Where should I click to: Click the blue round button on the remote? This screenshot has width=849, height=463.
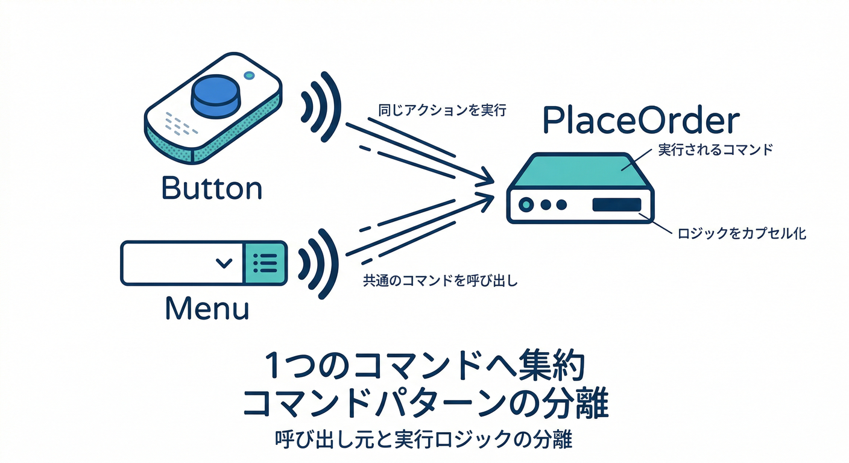coord(215,96)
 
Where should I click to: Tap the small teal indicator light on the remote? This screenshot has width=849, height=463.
coord(249,75)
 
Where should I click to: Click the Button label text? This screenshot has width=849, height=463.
coord(212,187)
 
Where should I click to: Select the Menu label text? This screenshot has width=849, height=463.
coord(207,308)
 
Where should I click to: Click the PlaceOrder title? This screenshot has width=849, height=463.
coord(642,120)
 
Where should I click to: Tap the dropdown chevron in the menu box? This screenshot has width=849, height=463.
coord(224,263)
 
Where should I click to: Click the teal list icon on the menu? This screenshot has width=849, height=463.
coord(265,263)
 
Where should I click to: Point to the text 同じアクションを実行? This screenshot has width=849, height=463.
coord(443,110)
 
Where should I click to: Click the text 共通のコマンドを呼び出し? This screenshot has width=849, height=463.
coord(440,281)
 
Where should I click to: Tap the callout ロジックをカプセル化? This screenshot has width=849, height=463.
coord(742,233)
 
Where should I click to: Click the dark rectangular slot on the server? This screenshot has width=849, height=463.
coord(617,204)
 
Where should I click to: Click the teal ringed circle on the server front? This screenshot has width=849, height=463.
coord(526,205)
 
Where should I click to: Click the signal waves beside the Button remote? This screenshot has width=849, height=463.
coord(321,107)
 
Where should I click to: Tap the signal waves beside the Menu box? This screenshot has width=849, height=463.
coord(318,264)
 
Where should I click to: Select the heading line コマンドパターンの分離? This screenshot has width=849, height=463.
coord(425,403)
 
